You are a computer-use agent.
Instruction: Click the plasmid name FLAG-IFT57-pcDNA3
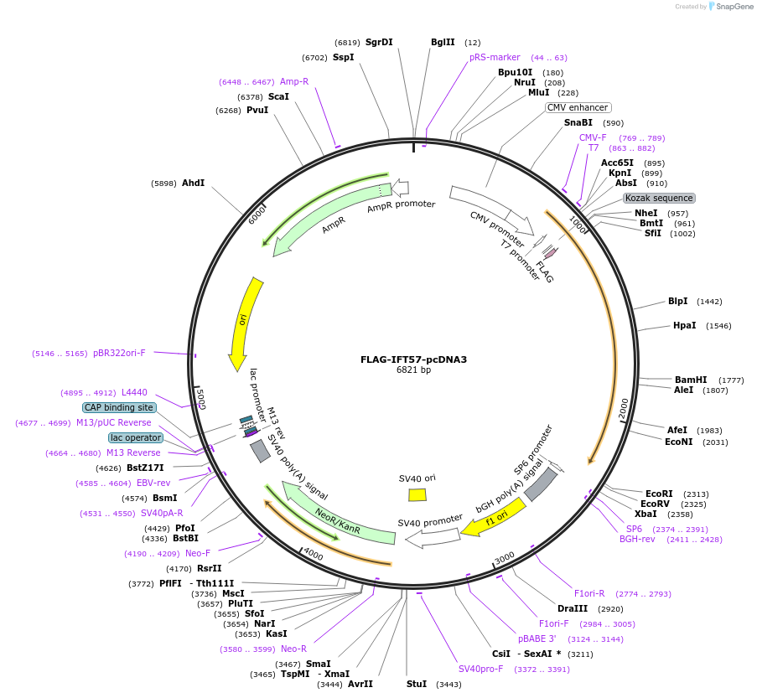pyautogui.click(x=413, y=359)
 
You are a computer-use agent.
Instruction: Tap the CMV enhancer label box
pyautogui.click(x=578, y=107)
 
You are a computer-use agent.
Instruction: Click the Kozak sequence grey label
pyautogui.click(x=659, y=198)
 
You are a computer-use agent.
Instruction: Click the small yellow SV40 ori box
pyautogui.click(x=417, y=494)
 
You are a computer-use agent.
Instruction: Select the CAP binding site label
pyautogui.click(x=119, y=407)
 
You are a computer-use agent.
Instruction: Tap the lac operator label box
pyautogui.click(x=135, y=437)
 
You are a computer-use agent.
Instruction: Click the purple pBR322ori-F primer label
pyautogui.click(x=119, y=354)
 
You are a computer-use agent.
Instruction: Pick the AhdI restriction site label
pyautogui.click(x=193, y=183)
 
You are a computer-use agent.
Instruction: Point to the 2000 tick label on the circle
pyautogui.click(x=624, y=408)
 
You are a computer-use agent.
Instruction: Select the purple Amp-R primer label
pyautogui.click(x=294, y=81)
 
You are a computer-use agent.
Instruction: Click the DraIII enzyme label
pyautogui.click(x=573, y=608)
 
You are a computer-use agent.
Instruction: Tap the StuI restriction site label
pyautogui.click(x=417, y=684)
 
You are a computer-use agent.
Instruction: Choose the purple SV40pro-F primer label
pyautogui.click(x=480, y=669)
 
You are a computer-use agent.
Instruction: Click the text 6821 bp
pyautogui.click(x=413, y=370)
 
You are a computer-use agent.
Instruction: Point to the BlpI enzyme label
pyautogui.click(x=677, y=301)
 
